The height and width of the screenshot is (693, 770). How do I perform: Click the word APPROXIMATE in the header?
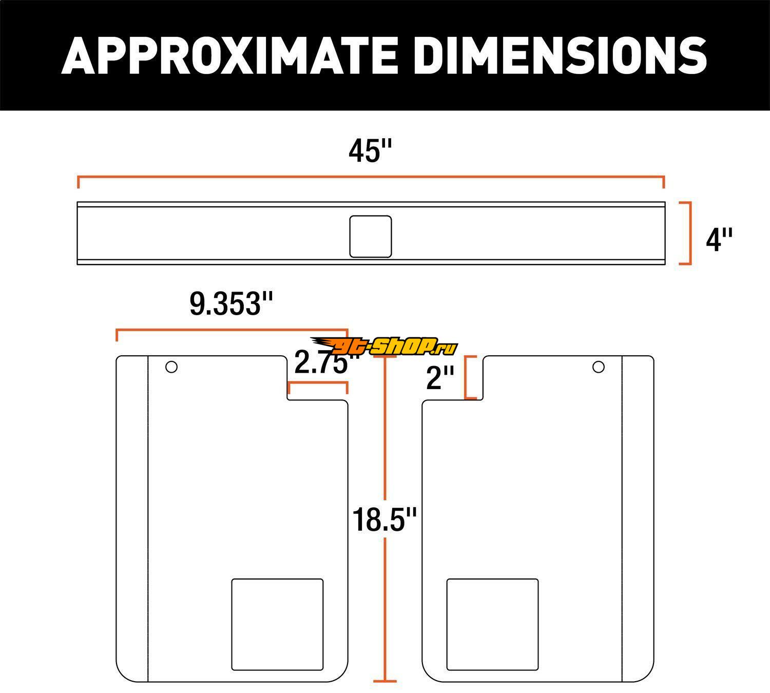tap(229, 55)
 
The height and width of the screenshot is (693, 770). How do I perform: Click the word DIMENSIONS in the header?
tap(560, 55)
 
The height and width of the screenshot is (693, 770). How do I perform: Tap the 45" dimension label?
tap(371, 151)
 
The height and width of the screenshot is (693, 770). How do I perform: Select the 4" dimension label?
tap(719, 240)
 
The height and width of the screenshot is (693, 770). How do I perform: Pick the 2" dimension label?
tap(440, 378)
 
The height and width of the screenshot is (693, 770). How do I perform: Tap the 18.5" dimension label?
tap(384, 520)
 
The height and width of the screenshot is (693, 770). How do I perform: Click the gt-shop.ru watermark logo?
tap(384, 346)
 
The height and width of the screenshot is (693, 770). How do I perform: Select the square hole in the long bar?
tap(371, 237)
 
